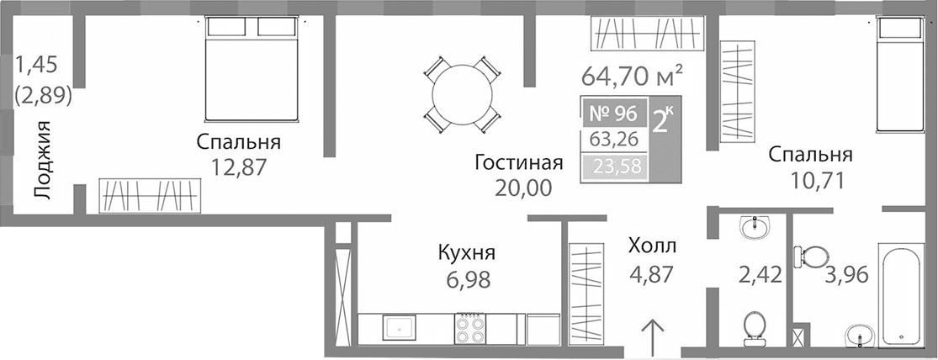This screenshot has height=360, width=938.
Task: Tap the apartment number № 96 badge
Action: pyautogui.click(x=613, y=112)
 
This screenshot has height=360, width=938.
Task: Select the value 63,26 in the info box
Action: pyautogui.click(x=613, y=139)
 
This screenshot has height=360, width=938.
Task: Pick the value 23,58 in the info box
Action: pyautogui.click(x=613, y=167)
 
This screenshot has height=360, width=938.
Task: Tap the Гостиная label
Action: pyautogui.click(x=518, y=161)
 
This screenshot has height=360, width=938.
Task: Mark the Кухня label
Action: pyautogui.click(x=466, y=252)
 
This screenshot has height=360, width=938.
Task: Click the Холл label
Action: pyautogui.click(x=653, y=246)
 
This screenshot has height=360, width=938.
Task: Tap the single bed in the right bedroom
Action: pyautogui.click(x=903, y=76)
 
